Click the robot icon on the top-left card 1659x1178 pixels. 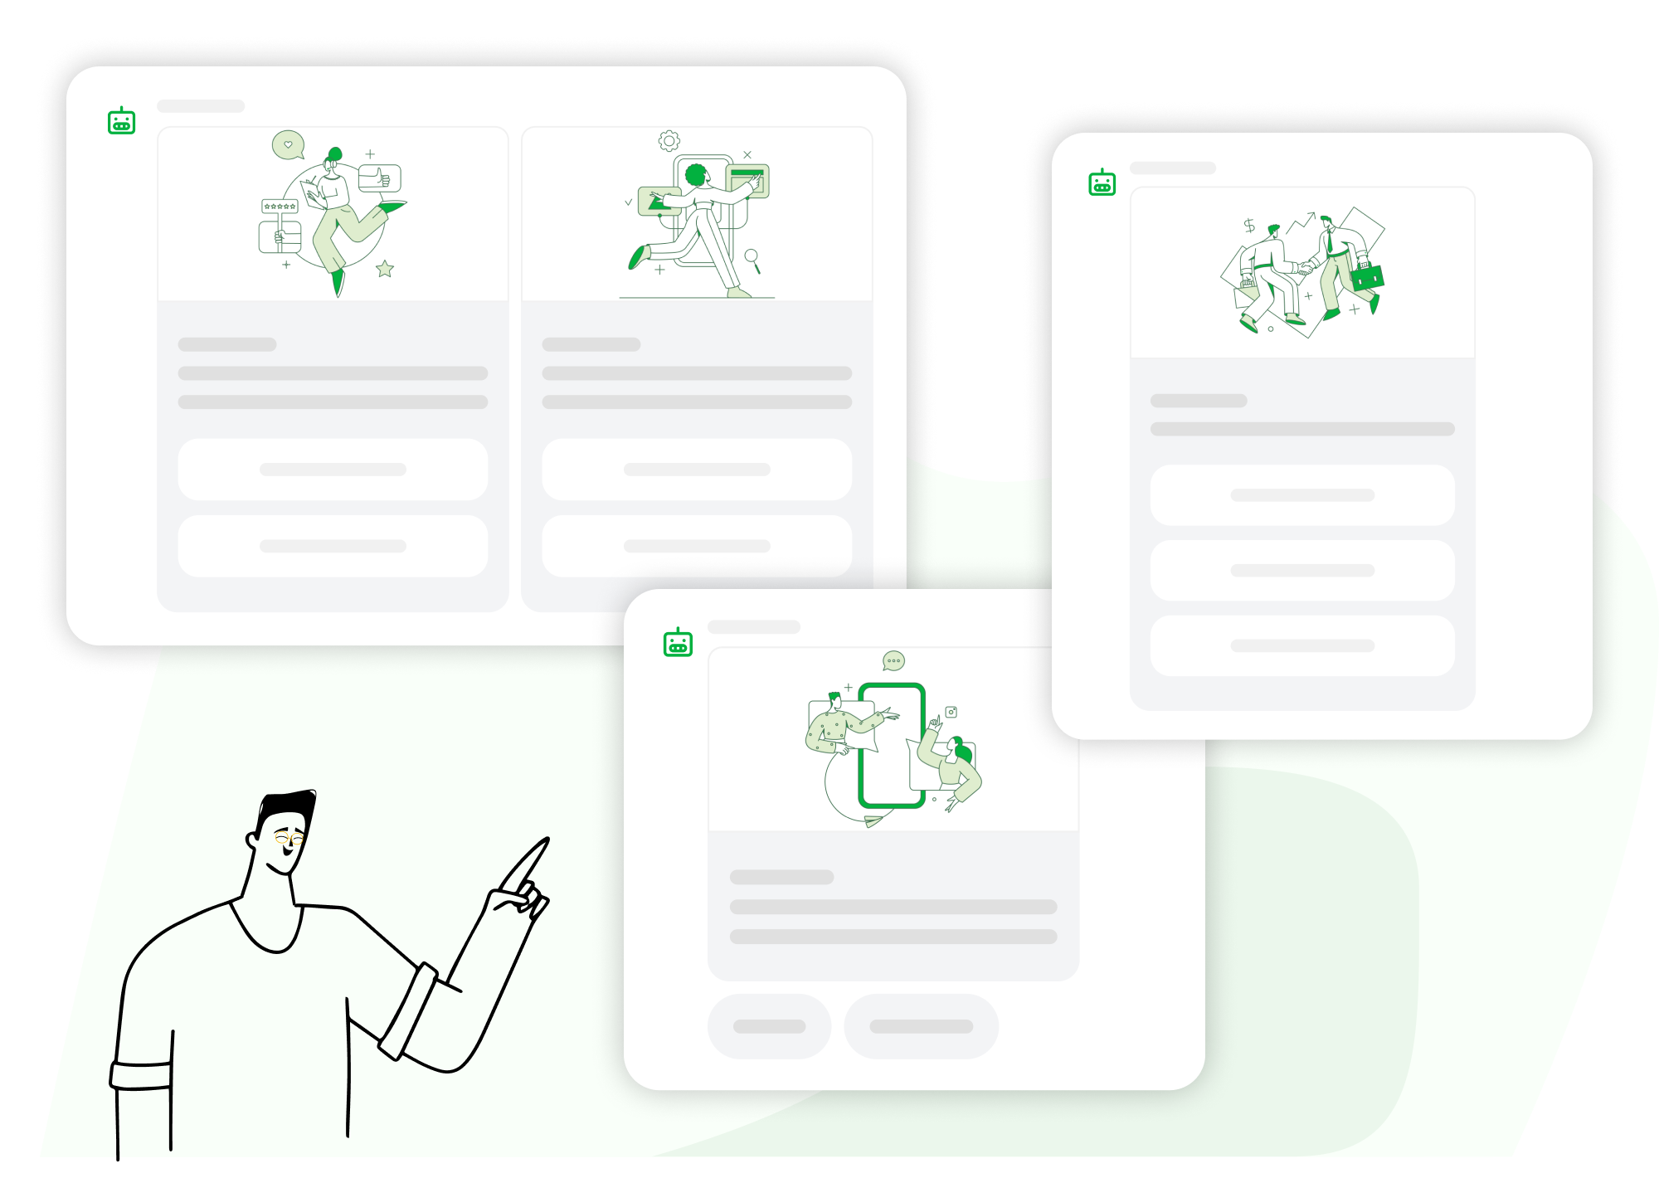point(122,122)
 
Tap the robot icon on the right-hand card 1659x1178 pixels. point(1102,183)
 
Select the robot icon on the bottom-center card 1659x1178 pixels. point(678,643)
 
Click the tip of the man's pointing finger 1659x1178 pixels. point(545,841)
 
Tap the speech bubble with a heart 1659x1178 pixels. point(288,144)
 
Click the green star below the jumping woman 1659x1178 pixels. point(385,269)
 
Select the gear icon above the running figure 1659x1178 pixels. point(669,140)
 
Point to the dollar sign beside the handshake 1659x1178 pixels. point(1249,226)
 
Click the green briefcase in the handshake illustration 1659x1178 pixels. point(1367,276)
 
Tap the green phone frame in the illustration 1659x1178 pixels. point(892,744)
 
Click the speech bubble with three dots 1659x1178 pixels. point(893,661)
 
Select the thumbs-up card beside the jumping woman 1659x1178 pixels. point(380,178)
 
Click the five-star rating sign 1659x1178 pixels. point(280,206)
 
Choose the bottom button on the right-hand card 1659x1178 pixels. point(1302,645)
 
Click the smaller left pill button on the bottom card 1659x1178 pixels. point(769,1026)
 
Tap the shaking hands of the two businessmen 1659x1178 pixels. point(1305,268)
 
